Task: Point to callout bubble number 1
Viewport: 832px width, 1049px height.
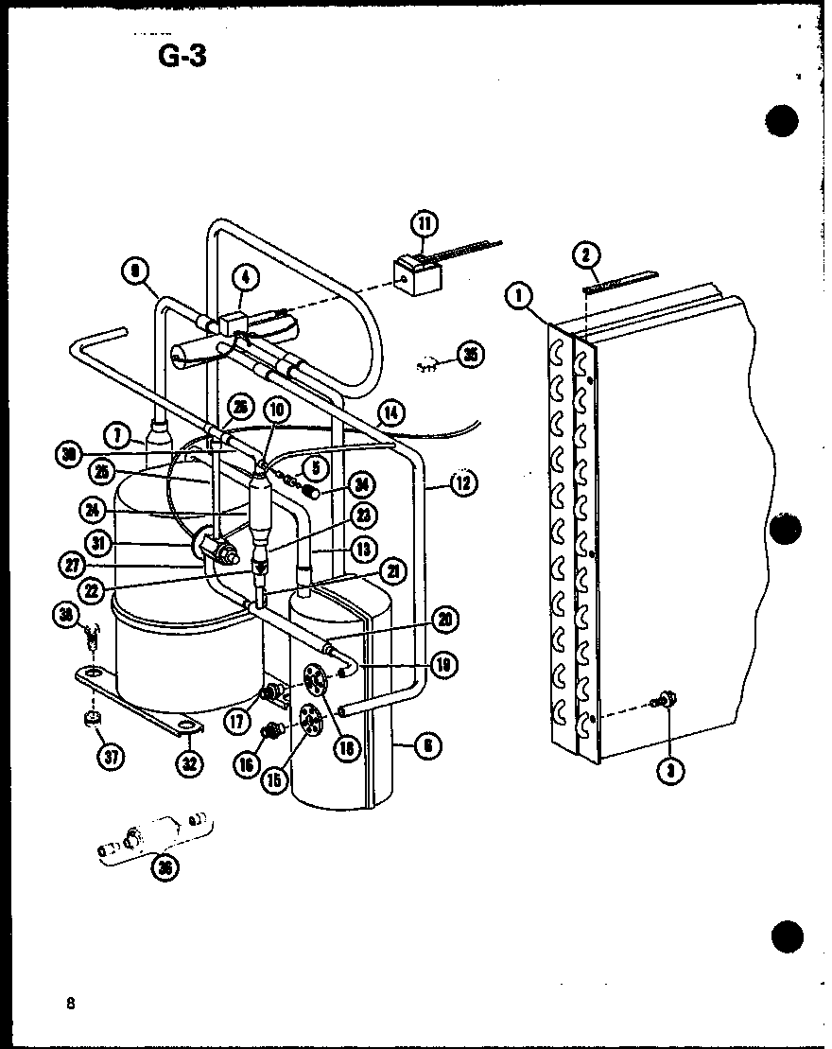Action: [517, 296]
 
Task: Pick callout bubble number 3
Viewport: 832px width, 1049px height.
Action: [670, 770]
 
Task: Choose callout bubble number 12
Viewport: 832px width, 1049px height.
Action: [461, 484]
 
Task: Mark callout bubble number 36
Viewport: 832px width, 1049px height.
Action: [167, 867]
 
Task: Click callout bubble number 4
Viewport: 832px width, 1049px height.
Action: [245, 278]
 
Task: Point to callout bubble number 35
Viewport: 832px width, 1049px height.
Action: [469, 355]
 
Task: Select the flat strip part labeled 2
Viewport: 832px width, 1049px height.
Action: [620, 280]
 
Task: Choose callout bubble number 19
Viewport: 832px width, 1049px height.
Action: [442, 666]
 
